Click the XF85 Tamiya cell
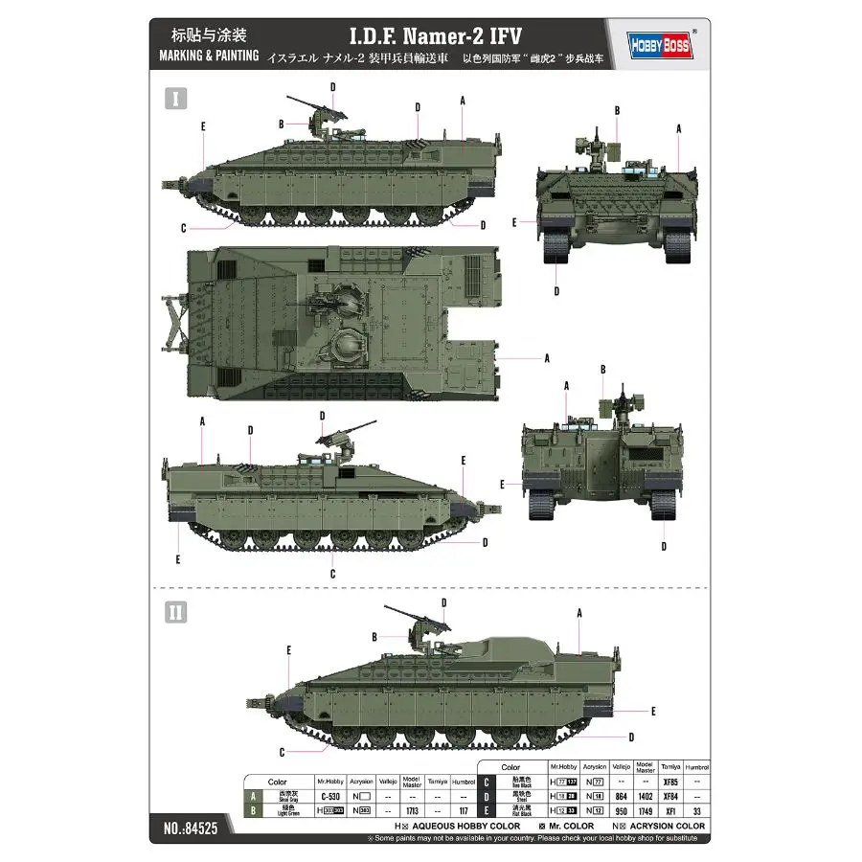[669, 782]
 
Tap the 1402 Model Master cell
[645, 796]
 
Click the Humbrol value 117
[462, 810]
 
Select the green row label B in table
[254, 810]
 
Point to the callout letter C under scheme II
[282, 752]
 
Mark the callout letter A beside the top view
[546, 358]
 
